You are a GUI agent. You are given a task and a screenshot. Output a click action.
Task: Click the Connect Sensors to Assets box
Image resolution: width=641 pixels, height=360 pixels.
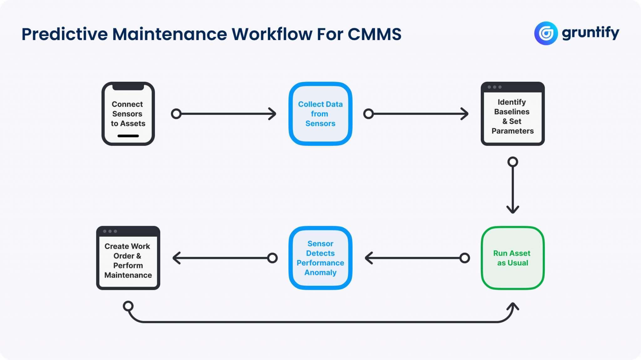pos(128,114)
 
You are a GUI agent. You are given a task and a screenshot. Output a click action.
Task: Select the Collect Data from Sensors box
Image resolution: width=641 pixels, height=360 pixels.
pos(320,114)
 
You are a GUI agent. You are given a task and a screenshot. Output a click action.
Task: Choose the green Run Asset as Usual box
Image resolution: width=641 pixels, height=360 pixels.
pos(512,258)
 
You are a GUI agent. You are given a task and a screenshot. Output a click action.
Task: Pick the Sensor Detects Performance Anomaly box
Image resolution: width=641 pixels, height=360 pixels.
pos(320,258)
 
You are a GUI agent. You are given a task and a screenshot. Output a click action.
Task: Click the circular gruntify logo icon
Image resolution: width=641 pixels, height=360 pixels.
pos(546,33)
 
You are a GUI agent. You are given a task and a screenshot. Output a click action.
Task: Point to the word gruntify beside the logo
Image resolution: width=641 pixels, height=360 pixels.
pos(590,33)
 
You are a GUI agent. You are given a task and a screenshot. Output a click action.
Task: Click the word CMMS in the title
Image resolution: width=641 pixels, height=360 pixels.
pos(374,34)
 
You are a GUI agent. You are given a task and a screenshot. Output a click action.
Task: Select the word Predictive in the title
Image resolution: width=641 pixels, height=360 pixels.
pos(64,34)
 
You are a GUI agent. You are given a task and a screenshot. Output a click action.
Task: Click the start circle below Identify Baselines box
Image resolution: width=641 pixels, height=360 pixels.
pos(513,162)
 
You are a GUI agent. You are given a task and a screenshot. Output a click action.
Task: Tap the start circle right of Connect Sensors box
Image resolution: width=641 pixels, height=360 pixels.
pos(176,114)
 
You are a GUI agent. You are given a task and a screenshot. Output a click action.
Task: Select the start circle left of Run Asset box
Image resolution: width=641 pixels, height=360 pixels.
pos(465,258)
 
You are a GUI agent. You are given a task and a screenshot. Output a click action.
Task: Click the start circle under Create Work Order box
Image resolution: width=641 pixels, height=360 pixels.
pos(128,306)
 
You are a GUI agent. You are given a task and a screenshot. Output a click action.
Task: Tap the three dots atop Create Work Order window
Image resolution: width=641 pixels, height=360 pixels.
pos(110,231)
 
